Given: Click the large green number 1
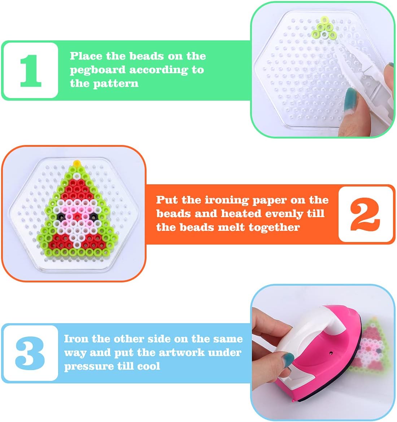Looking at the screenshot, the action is (x=31, y=70).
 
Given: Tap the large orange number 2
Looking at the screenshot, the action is (x=365, y=214).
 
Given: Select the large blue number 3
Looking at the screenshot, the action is (x=30, y=353).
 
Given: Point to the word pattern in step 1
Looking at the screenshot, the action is (x=116, y=83).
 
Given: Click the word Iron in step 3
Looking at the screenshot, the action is (x=76, y=339).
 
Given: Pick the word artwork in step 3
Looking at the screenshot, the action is (x=182, y=352).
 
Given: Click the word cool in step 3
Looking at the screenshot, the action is (x=148, y=366).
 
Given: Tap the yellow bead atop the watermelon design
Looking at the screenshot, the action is (x=77, y=163).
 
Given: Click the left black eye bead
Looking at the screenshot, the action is (x=62, y=216).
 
